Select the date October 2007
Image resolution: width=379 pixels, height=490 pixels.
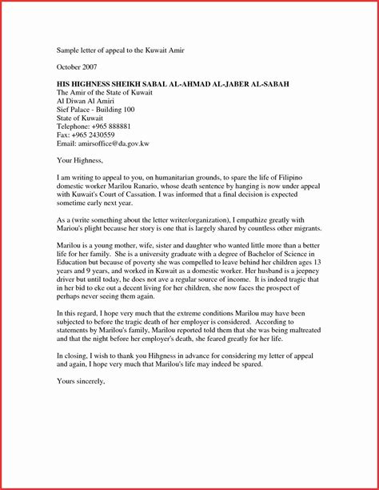click(78, 66)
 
